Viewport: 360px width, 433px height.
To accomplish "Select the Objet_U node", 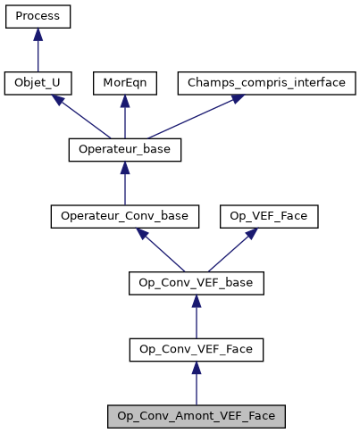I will pyautogui.click(x=38, y=84).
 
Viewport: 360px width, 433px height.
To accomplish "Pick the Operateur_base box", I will pyautogui.click(x=125, y=150).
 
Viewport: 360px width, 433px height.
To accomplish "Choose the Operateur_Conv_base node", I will pyautogui.click(x=125, y=217).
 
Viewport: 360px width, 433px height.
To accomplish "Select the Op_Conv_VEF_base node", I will pyautogui.click(x=197, y=283).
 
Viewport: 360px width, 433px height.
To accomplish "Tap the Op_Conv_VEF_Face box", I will pyautogui.click(x=197, y=350).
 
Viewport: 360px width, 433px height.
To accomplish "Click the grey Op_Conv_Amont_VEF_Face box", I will pyautogui.click(x=197, y=416).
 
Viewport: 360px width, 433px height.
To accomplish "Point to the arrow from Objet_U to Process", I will pyautogui.click(x=38, y=51).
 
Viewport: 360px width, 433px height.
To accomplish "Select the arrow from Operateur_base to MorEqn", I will pyautogui.click(x=125, y=117).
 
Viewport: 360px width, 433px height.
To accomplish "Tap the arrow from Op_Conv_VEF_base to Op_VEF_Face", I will pyautogui.click(x=229, y=250).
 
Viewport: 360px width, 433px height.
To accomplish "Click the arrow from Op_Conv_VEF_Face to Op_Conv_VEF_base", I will pyautogui.click(x=197, y=317).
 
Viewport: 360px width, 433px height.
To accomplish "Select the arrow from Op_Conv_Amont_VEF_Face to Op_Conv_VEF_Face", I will pyautogui.click(x=197, y=383).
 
